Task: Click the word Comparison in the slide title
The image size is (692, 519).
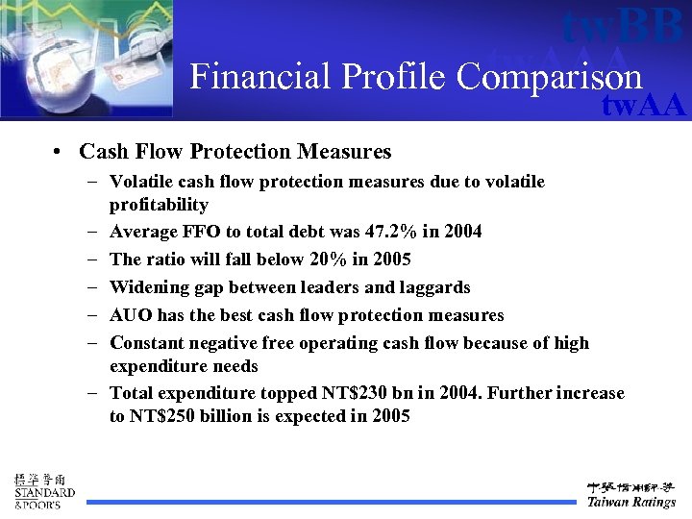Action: tap(549, 77)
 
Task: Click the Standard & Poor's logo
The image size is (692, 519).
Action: tap(44, 491)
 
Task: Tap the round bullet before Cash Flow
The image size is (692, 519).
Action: tap(60, 153)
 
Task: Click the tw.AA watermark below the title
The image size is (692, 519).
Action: tap(643, 105)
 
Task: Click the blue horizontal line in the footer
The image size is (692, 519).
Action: tap(327, 502)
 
